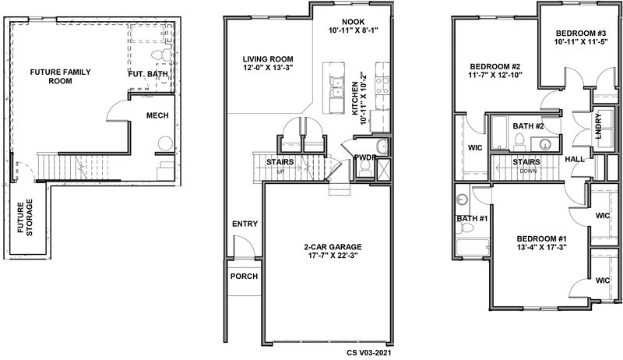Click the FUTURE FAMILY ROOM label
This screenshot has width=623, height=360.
(x=61, y=76)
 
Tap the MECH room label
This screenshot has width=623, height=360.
(x=157, y=115)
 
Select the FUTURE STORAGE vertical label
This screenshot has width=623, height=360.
(x=25, y=217)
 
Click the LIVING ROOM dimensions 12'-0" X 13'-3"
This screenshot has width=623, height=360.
(x=268, y=68)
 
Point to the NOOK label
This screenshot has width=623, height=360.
(x=354, y=22)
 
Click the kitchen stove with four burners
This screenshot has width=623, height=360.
(x=382, y=85)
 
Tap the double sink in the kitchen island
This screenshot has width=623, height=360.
(x=337, y=87)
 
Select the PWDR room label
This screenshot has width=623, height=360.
(x=365, y=157)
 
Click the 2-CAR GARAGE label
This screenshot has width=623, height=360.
(x=333, y=247)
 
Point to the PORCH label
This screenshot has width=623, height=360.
(x=244, y=276)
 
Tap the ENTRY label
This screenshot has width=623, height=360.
(x=245, y=224)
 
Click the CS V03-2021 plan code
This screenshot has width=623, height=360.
(x=371, y=352)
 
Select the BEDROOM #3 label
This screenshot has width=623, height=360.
(x=580, y=34)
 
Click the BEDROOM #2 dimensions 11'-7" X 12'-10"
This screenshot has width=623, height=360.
(x=495, y=74)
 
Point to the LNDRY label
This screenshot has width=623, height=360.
(x=598, y=126)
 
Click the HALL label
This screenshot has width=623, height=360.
(x=575, y=159)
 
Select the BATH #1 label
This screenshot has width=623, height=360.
(x=472, y=218)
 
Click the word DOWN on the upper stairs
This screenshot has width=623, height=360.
(x=528, y=171)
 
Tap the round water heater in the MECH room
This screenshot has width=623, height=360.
(x=165, y=143)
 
